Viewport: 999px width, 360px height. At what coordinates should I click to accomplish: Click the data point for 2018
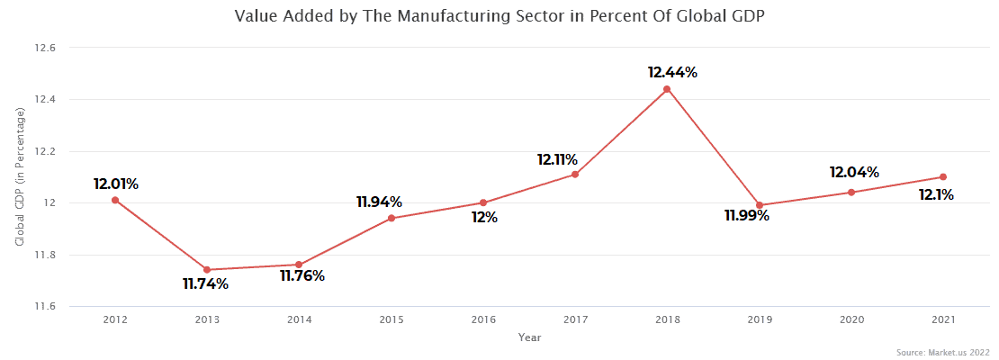pyautogui.click(x=667, y=89)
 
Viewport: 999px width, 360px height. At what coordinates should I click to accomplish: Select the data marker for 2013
pyautogui.click(x=207, y=270)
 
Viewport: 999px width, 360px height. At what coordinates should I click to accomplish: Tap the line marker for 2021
pyautogui.click(x=942, y=177)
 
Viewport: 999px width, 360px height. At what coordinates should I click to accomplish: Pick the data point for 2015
pyautogui.click(x=391, y=218)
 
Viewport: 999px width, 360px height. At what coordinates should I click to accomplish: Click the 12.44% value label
pyautogui.click(x=672, y=72)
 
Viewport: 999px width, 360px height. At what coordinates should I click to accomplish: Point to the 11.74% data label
pyautogui.click(x=205, y=284)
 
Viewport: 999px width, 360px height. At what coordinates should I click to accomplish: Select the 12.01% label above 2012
pyautogui.click(x=115, y=184)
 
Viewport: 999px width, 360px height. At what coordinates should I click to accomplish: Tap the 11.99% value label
pyautogui.click(x=746, y=216)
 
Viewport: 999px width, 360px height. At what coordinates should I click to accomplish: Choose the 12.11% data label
pyautogui.click(x=557, y=159)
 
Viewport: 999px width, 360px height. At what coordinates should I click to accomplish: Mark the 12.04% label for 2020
pyautogui.click(x=854, y=172)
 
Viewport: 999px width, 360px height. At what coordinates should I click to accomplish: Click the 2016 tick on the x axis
pyautogui.click(x=483, y=319)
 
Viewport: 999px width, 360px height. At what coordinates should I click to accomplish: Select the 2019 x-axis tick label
pyautogui.click(x=759, y=319)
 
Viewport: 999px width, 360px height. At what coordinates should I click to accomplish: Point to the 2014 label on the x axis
pyautogui.click(x=299, y=319)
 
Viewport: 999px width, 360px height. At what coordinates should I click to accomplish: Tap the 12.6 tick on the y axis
pyautogui.click(x=45, y=48)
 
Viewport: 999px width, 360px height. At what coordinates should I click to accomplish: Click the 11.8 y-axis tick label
pyautogui.click(x=45, y=256)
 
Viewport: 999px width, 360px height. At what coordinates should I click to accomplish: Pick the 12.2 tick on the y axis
pyautogui.click(x=45, y=151)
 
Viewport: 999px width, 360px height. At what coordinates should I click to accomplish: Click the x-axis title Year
pyautogui.click(x=530, y=337)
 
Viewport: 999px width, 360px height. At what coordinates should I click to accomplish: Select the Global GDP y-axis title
pyautogui.click(x=20, y=177)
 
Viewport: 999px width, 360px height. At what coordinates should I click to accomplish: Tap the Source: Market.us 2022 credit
pyautogui.click(x=943, y=351)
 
